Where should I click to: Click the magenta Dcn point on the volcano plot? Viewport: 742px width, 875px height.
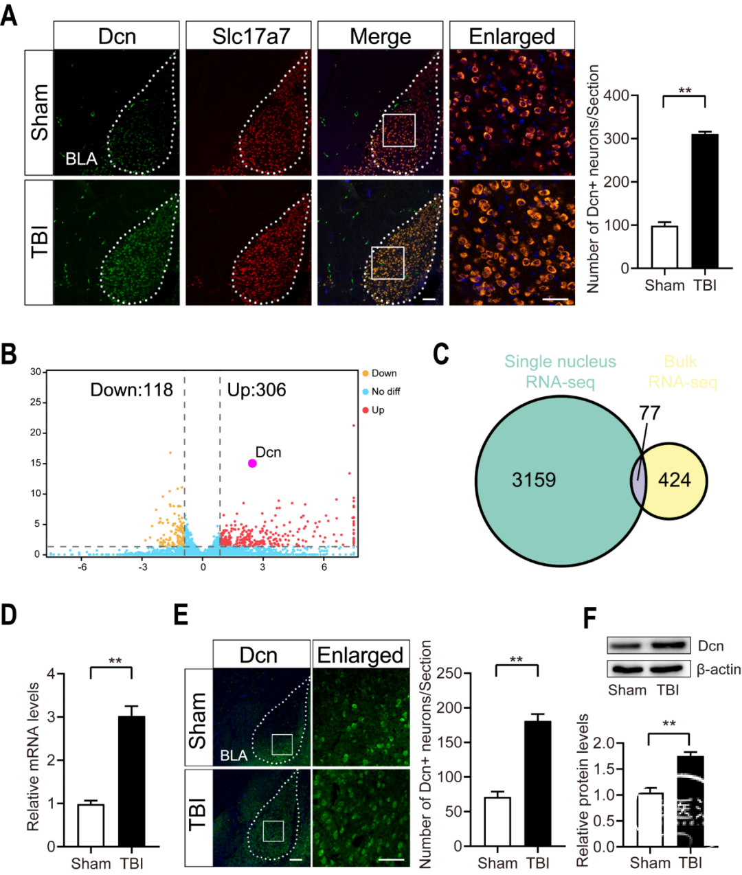[252, 464]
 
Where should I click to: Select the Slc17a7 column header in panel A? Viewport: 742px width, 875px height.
[251, 36]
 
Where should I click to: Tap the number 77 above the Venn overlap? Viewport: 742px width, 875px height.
[649, 413]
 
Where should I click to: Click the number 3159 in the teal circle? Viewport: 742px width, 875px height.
[534, 479]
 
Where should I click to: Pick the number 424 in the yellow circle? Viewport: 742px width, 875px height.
[674, 479]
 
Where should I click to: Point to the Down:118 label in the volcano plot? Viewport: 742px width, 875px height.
[131, 390]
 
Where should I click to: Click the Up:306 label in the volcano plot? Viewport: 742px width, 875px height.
[256, 390]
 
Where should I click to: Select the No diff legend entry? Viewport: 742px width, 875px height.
[385, 391]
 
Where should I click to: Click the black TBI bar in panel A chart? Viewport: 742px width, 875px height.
[705, 201]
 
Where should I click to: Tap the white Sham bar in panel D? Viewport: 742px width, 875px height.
[91, 826]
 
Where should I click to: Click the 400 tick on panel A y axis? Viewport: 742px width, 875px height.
[616, 95]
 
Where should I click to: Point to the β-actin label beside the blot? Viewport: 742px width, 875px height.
[719, 669]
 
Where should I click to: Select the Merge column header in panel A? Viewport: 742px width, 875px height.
[380, 36]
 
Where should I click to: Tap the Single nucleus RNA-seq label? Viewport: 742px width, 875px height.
[560, 372]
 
